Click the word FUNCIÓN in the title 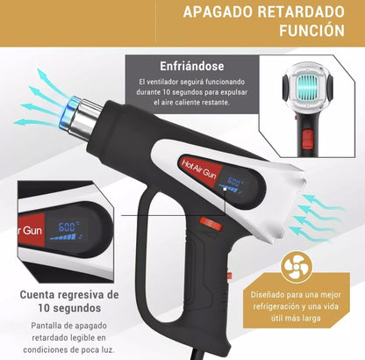(308, 32)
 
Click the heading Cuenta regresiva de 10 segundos (69, 300)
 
